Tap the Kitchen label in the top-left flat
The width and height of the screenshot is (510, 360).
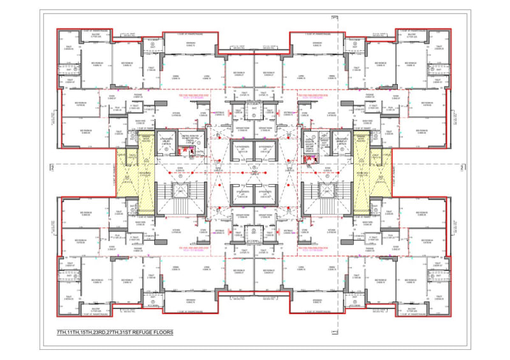coord(177,115)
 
